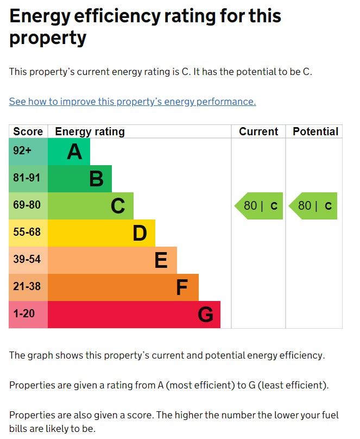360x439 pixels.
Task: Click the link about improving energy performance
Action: [x=132, y=102]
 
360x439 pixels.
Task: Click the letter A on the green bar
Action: [x=74, y=152]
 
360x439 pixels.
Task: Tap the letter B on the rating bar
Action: [x=96, y=179]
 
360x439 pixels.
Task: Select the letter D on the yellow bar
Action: [x=140, y=233]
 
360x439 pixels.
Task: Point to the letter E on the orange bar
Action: [x=161, y=260]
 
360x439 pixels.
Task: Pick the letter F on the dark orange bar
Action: [x=182, y=287]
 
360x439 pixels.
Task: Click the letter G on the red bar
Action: [x=205, y=315]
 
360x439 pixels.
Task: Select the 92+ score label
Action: [x=22, y=151]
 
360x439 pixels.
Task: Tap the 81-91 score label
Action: [x=27, y=178]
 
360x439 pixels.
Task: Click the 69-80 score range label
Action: [x=27, y=205]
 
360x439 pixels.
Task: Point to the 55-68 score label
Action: [x=27, y=233]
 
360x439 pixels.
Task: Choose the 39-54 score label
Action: [x=27, y=260]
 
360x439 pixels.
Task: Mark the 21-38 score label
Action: [x=27, y=287]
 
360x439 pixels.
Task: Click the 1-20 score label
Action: [x=24, y=314]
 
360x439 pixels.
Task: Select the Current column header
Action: [x=258, y=131]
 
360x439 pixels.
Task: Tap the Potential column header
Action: [x=315, y=131]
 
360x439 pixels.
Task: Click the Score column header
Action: [x=28, y=131]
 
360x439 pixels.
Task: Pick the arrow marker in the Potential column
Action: [x=314, y=206]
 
